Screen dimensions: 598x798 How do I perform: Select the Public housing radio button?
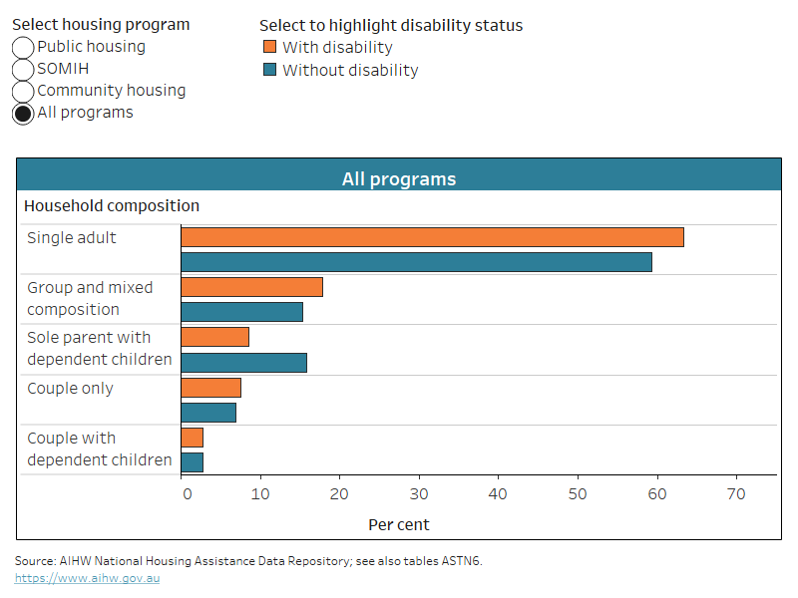[x=23, y=48]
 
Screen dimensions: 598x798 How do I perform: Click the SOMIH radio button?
[x=23, y=70]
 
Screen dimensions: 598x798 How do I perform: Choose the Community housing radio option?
[x=23, y=92]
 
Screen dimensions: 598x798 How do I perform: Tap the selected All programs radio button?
[x=23, y=114]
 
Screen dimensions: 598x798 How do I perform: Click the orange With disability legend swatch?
[x=269, y=48]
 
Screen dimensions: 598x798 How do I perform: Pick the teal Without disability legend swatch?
[x=269, y=71]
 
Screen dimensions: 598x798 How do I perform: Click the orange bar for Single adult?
[x=432, y=237]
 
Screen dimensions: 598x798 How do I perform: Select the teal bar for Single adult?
[x=416, y=262]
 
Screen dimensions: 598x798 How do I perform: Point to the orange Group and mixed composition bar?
[x=251, y=287]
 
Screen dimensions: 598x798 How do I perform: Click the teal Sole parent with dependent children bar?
[x=243, y=362]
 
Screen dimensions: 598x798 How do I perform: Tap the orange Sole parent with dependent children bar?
[x=214, y=337]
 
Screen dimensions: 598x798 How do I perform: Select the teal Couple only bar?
[x=208, y=413]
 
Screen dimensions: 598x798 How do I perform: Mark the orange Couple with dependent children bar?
[x=192, y=438]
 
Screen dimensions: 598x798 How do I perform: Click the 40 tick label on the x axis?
[x=419, y=493]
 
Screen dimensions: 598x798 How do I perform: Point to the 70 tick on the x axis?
[x=736, y=493]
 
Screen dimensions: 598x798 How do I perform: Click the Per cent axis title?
[x=399, y=524]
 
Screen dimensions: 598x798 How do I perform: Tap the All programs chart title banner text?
[x=399, y=179]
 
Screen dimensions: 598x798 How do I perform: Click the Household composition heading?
[x=112, y=206]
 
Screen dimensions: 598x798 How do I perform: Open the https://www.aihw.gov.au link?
[x=87, y=578]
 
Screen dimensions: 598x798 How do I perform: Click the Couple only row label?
[x=70, y=389]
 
